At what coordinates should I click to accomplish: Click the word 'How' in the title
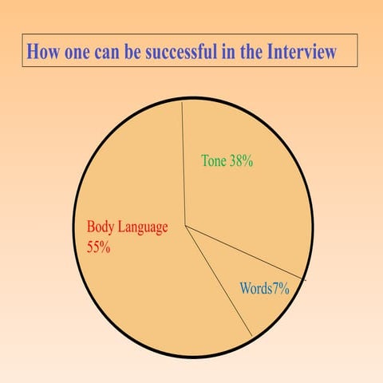(43, 53)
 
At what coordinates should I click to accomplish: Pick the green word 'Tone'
(213, 160)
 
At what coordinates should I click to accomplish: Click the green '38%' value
(241, 160)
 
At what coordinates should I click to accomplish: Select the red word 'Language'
(144, 227)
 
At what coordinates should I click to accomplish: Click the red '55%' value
(98, 247)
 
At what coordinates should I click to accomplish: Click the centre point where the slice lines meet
(185, 226)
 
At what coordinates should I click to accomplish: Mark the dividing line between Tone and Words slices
(247, 252)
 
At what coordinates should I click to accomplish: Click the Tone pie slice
(239, 191)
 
